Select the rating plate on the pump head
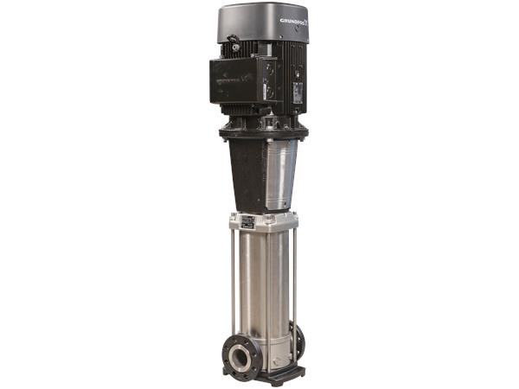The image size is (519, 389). [247, 221]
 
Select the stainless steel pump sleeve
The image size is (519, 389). [264, 285]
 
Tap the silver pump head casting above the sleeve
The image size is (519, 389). [264, 223]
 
